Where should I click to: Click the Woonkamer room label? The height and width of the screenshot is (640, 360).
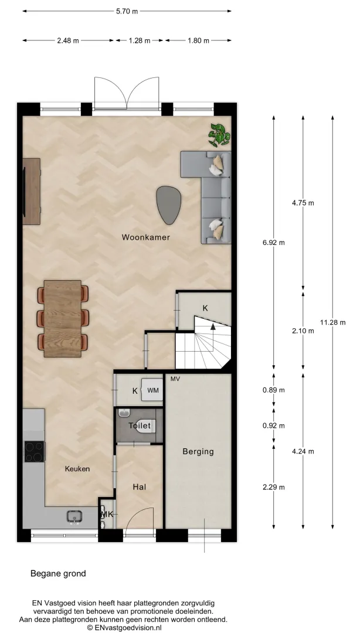(x=146, y=237)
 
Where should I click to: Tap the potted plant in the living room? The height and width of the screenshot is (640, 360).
(x=219, y=135)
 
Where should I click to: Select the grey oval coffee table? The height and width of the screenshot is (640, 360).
(x=169, y=205)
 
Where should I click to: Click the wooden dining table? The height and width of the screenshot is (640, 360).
(x=63, y=318)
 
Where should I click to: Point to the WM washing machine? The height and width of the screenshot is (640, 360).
(x=152, y=390)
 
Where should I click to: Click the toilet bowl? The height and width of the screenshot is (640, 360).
(x=145, y=425)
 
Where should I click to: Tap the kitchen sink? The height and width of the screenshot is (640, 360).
(x=74, y=517)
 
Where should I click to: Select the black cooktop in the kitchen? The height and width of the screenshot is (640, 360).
(x=35, y=451)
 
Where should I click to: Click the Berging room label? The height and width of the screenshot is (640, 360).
(x=198, y=451)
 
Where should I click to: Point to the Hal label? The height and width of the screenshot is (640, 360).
(x=139, y=487)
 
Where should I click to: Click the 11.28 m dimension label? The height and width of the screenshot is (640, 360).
(x=332, y=322)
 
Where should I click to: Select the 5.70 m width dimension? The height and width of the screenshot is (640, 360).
(x=127, y=12)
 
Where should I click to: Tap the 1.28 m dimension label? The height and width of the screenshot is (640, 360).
(x=139, y=40)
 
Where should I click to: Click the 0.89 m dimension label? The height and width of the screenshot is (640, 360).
(x=273, y=390)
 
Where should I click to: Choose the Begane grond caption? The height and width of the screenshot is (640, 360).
(x=59, y=573)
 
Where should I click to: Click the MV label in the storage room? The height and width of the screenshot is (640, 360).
(x=175, y=379)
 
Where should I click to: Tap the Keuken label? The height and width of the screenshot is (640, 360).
(x=77, y=469)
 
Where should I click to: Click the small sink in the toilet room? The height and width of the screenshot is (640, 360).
(x=124, y=413)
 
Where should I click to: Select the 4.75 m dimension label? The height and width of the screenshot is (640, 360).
(x=303, y=203)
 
